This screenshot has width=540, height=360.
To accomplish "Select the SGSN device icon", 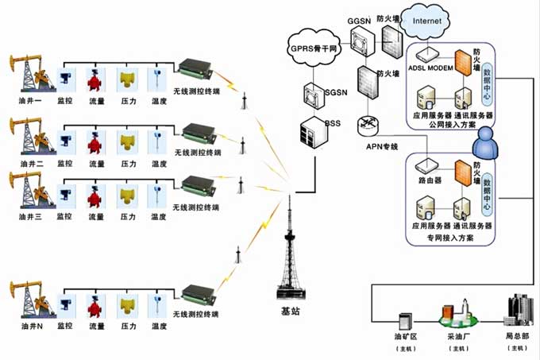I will point(310,94).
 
